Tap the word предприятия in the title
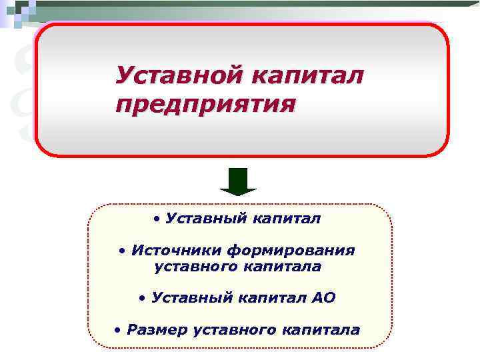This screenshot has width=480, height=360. (203, 105)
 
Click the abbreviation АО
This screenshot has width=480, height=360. (323, 297)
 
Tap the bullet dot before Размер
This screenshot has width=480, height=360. (117, 329)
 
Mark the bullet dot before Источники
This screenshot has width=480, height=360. (122, 251)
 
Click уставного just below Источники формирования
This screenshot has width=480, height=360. (194, 267)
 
